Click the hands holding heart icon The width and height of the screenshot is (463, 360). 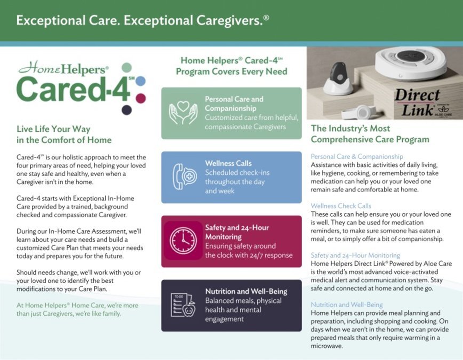point(183,113)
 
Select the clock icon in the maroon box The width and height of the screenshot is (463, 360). point(183,241)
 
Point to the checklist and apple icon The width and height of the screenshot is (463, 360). point(183,305)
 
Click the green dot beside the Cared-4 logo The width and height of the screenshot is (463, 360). point(126,68)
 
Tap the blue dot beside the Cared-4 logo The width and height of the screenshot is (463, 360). point(140,81)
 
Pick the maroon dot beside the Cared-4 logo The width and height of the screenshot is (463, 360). point(140,98)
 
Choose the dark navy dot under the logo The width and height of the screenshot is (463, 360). point(126,110)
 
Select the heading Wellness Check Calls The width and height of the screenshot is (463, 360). point(341,206)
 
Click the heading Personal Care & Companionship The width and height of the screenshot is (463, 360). point(357,157)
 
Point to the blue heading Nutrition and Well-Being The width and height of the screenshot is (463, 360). point(347,305)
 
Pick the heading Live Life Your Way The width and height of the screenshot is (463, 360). point(53,129)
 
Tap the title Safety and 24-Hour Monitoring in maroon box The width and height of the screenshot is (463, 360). point(237,232)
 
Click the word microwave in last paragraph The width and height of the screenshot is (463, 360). point(326,346)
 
